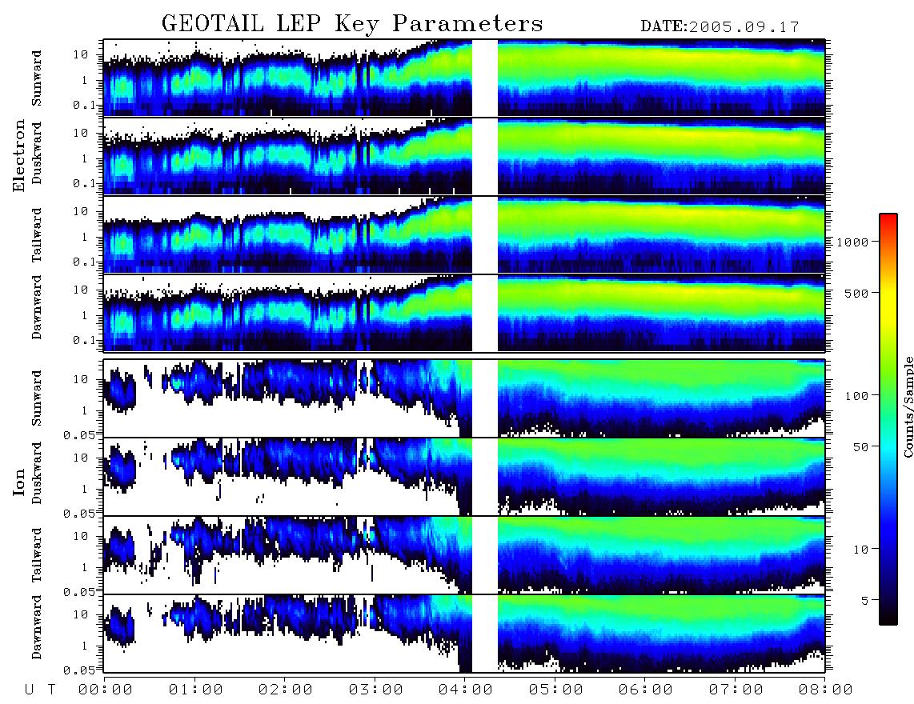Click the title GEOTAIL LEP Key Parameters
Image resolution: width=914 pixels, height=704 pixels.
352,24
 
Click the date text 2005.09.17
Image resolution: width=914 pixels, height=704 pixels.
744,27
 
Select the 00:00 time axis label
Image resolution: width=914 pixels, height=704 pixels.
105,690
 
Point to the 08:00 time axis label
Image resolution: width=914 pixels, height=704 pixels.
825,690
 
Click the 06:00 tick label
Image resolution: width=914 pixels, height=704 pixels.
645,690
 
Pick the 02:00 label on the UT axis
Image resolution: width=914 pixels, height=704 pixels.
285,690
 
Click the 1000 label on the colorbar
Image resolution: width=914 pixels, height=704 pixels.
852,242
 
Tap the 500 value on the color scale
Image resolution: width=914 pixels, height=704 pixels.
856,293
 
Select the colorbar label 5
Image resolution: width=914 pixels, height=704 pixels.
865,600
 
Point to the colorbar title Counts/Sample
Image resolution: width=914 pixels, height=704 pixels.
908,406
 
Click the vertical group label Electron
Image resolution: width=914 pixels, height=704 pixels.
19,155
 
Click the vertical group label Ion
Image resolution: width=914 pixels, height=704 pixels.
19,482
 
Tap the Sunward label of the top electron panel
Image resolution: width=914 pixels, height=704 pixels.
37,78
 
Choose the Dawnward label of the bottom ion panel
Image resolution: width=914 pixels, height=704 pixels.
37,626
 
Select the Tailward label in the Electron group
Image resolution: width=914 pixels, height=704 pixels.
37,235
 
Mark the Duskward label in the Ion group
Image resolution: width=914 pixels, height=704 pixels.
37,473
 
